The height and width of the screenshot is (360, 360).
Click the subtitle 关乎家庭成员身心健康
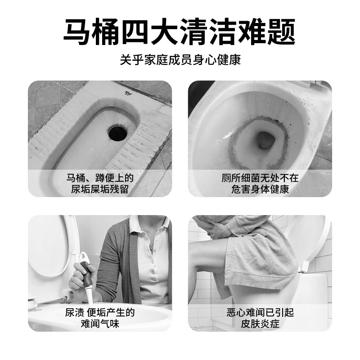tap(180, 60)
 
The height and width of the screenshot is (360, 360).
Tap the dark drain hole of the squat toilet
tap(117, 132)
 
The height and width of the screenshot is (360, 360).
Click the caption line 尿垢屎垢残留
tap(100, 189)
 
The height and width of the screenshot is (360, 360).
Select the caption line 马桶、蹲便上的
tap(100, 178)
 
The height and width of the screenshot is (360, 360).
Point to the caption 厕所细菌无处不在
tap(260, 178)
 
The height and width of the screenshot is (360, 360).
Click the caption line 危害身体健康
tap(260, 189)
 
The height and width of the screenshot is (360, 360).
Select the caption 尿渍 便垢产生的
tap(100, 312)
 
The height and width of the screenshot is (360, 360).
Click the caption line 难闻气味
tap(100, 324)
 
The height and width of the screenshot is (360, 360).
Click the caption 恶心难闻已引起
tap(260, 312)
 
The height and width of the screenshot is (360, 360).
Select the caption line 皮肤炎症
tap(260, 324)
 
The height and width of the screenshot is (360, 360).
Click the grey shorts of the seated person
tap(256, 261)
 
